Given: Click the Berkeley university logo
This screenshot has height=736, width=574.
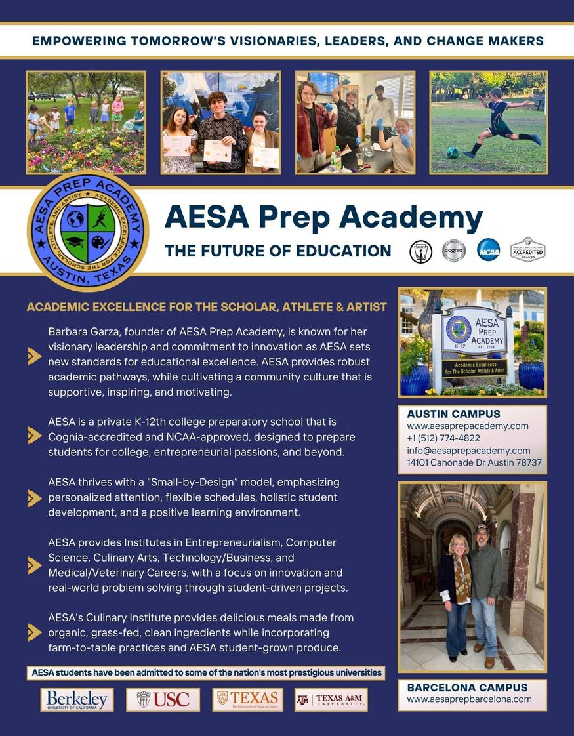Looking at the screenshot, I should pyautogui.click(x=77, y=699).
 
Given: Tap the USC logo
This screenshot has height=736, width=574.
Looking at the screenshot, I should pyautogui.click(x=163, y=699).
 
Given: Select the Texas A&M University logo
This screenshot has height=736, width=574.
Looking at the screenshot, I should pyautogui.click(x=331, y=699).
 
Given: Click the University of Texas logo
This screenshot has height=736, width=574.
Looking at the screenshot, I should pyautogui.click(x=247, y=699).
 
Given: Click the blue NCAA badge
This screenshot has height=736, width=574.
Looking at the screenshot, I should pyautogui.click(x=488, y=250).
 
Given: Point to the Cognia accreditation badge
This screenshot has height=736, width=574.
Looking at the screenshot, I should pyautogui.click(x=453, y=250).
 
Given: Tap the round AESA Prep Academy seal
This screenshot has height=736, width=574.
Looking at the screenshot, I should pyautogui.click(x=88, y=231).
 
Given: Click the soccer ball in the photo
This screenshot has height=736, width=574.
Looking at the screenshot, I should pyautogui.click(x=453, y=153).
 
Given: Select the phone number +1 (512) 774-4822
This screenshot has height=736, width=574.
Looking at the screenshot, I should pyautogui.click(x=443, y=438).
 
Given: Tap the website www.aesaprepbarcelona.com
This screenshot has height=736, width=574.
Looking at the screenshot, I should pyautogui.click(x=469, y=699).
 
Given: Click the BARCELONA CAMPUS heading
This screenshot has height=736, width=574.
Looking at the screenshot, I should pyautogui.click(x=467, y=687).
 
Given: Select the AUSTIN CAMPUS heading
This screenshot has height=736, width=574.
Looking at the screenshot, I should pyautogui.click(x=453, y=414).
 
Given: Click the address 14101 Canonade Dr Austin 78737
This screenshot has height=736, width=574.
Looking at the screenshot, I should pyautogui.click(x=474, y=463).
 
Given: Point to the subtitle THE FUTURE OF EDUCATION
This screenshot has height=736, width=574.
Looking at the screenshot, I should pyautogui.click(x=277, y=251).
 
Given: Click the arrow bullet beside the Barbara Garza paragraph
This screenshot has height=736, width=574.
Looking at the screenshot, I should pyautogui.click(x=35, y=356).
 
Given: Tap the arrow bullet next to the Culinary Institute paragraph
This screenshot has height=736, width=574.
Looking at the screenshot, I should pyautogui.click(x=35, y=632).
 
